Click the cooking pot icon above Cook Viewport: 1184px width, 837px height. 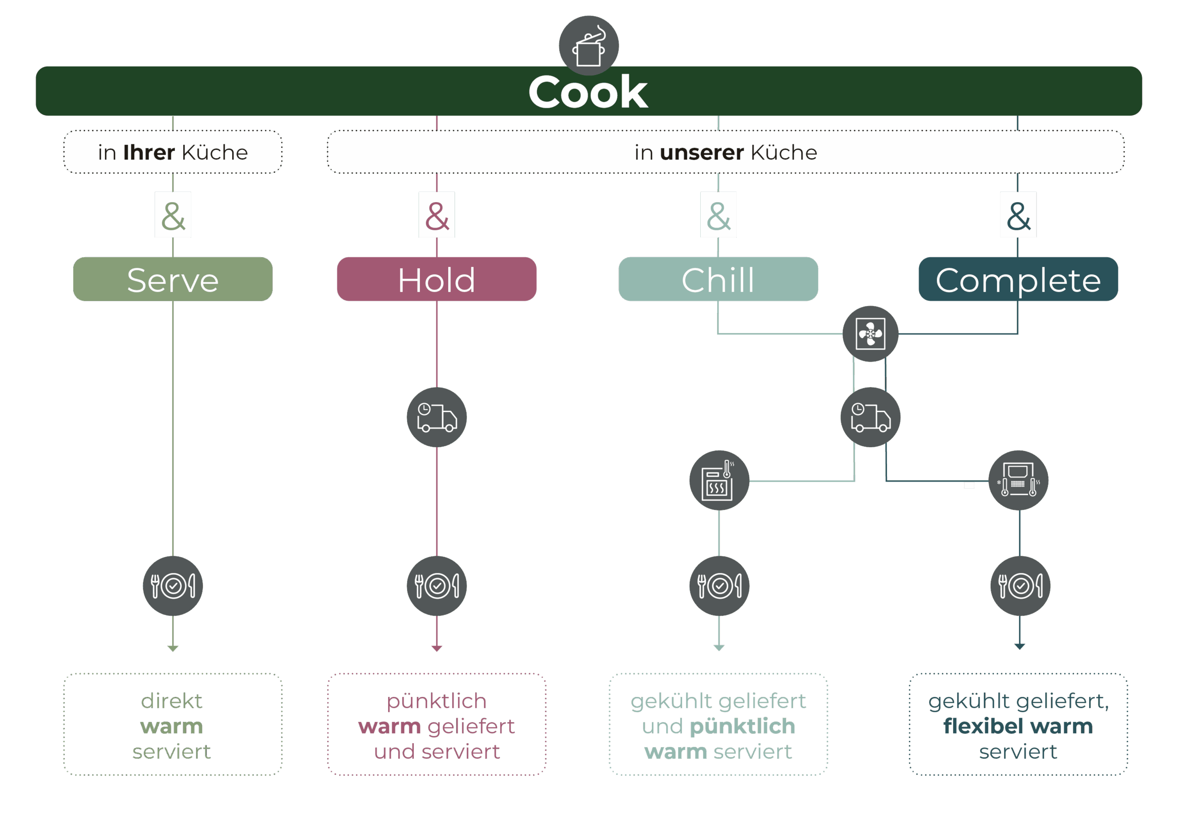pyautogui.click(x=588, y=45)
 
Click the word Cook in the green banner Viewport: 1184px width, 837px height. pyautogui.click(x=588, y=92)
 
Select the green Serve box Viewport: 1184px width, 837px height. pyautogui.click(x=173, y=279)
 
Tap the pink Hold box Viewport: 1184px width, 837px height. pyautogui.click(x=436, y=279)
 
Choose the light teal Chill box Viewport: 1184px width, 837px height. pyautogui.click(x=718, y=279)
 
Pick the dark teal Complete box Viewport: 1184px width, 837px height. pyautogui.click(x=1018, y=279)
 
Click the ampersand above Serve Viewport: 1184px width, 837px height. pyautogui.click(x=173, y=215)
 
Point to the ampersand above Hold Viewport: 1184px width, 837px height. pyautogui.click(x=437, y=215)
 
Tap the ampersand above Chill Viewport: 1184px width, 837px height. pyautogui.click(x=718, y=215)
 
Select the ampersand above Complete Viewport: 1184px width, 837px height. pyautogui.click(x=1018, y=215)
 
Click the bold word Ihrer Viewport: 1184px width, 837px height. pyautogui.click(x=149, y=153)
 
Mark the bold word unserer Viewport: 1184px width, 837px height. pyautogui.click(x=701, y=153)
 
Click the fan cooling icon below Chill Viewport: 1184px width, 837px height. pyautogui.click(x=870, y=334)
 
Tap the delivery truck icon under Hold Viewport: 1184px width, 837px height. pyautogui.click(x=436, y=417)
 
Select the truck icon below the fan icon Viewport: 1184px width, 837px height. pyautogui.click(x=870, y=417)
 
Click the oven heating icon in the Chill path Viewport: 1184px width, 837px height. pyautogui.click(x=719, y=480)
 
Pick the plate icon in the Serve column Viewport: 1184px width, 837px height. pyautogui.click(x=173, y=586)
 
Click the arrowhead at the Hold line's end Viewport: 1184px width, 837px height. pyautogui.click(x=437, y=648)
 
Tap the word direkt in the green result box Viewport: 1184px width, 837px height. pyautogui.click(x=172, y=701)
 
